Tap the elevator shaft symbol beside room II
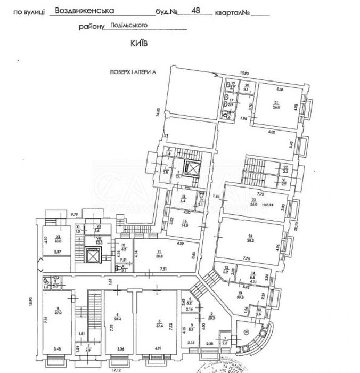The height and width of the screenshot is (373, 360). [x=191, y=169]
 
